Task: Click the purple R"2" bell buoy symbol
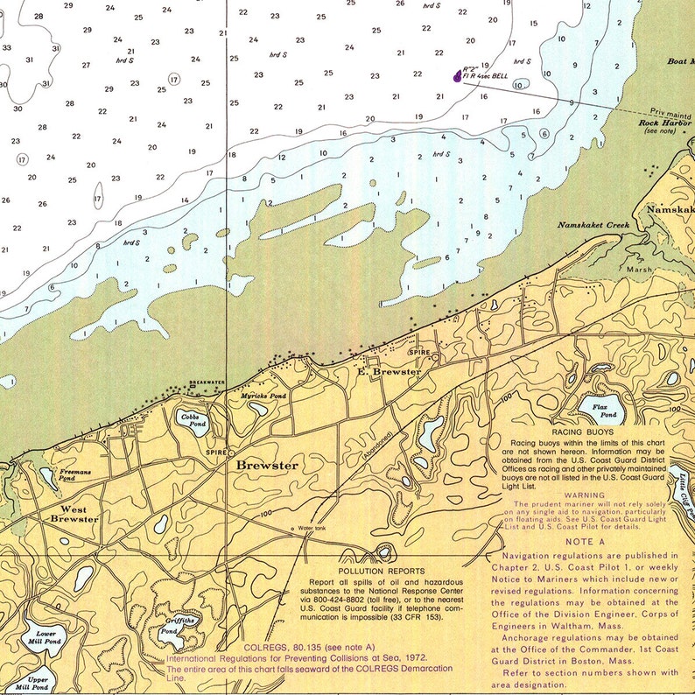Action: pos(456,75)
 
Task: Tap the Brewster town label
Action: pos(266,466)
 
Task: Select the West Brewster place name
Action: pos(74,514)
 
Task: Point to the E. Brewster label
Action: pos(389,372)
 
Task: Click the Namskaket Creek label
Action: pos(593,226)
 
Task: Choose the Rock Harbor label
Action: pos(665,123)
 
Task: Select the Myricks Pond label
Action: pos(263,397)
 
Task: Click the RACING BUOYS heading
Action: pos(582,432)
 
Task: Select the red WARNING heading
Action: pos(584,495)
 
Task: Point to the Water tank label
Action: pos(314,529)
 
